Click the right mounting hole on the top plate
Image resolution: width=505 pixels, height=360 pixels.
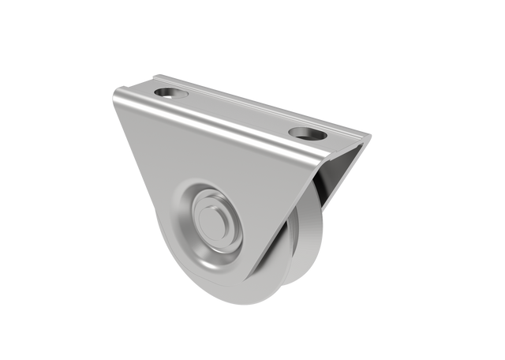(303, 132)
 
